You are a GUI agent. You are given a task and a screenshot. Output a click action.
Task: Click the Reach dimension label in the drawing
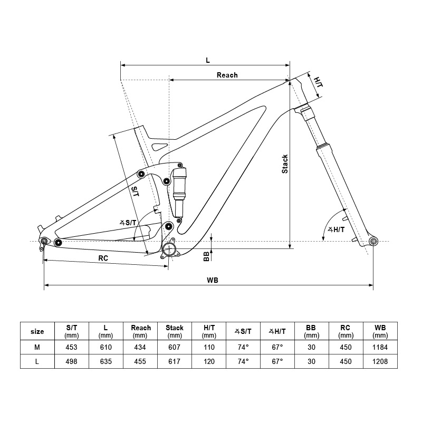pyautogui.click(x=227, y=75)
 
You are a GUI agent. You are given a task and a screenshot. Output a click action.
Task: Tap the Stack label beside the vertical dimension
pyautogui.click(x=285, y=164)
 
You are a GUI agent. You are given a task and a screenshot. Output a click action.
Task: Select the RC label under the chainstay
pyautogui.click(x=103, y=258)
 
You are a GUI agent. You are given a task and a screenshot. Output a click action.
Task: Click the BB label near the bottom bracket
pyautogui.click(x=206, y=256)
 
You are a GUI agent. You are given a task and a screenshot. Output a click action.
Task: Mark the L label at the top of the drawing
pyautogui.click(x=208, y=60)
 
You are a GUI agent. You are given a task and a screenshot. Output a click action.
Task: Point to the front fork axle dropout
pyautogui.click(x=373, y=242)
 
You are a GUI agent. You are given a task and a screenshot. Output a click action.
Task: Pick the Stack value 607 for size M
pyautogui.click(x=175, y=347)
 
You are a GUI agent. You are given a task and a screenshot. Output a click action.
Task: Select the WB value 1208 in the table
pyautogui.click(x=380, y=361)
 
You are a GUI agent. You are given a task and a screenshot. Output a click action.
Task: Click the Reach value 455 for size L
pyautogui.click(x=140, y=361)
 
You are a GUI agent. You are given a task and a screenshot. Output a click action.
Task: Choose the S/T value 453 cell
pyautogui.click(x=72, y=347)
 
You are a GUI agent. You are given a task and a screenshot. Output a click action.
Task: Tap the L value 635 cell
pyautogui.click(x=106, y=361)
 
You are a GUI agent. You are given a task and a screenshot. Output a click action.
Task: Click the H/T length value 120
pyautogui.click(x=209, y=361)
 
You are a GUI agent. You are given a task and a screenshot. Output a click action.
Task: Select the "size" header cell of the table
pyautogui.click(x=37, y=332)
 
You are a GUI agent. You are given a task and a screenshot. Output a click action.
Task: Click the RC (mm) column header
pyautogui.click(x=346, y=331)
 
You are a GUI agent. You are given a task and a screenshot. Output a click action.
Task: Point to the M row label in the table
pyautogui.click(x=37, y=347)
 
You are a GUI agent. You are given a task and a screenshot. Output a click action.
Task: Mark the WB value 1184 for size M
pyautogui.click(x=380, y=347)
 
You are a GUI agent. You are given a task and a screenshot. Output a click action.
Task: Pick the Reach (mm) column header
pyautogui.click(x=140, y=331)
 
